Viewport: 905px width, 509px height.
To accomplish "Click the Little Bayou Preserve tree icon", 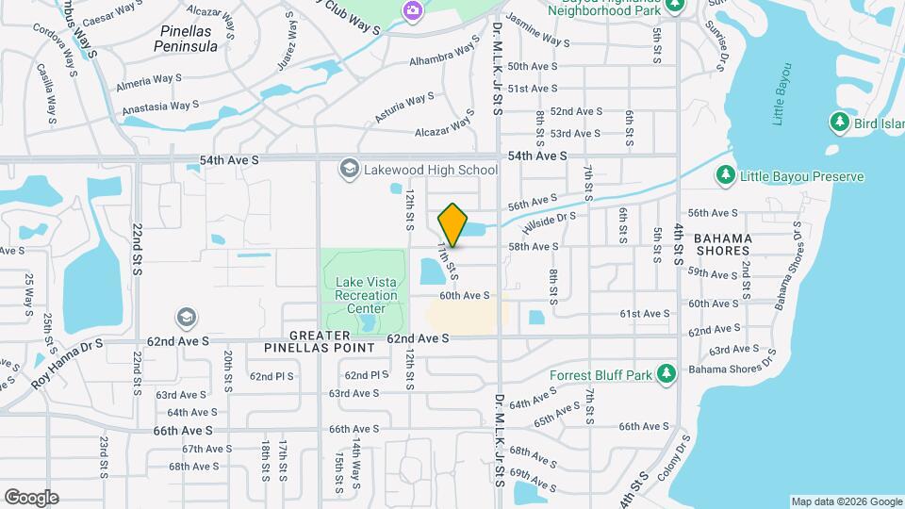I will click(x=725, y=175).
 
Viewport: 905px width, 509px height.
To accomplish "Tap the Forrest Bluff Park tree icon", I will click(x=667, y=374).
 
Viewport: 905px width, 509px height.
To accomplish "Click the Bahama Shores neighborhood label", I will click(x=724, y=245).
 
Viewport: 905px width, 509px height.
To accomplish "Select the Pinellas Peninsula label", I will click(x=191, y=38).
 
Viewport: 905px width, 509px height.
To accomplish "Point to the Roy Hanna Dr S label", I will click(x=68, y=364).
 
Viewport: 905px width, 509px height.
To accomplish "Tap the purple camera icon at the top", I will click(x=412, y=10).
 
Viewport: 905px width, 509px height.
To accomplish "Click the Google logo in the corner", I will click(x=31, y=497).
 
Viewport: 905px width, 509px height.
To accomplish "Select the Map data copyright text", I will click(x=846, y=501).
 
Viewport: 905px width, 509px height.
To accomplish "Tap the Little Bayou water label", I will click(x=779, y=94).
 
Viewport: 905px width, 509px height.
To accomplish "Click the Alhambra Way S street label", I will click(x=444, y=56).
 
